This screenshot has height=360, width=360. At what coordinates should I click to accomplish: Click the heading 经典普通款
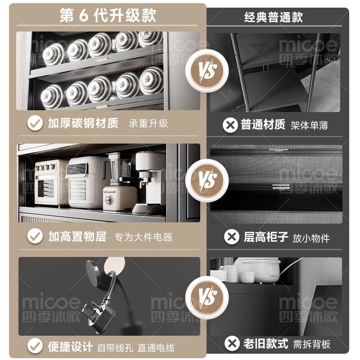point(274,17)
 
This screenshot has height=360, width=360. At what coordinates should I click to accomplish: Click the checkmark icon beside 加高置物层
point(35,236)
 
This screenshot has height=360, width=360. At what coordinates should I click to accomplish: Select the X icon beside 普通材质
point(230,125)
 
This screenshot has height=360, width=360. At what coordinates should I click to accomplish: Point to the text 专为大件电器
point(143,237)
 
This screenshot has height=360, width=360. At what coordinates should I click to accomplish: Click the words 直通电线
point(157,347)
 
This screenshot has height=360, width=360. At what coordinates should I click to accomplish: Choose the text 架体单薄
point(309,125)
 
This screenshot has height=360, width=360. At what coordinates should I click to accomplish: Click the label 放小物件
point(311,238)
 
